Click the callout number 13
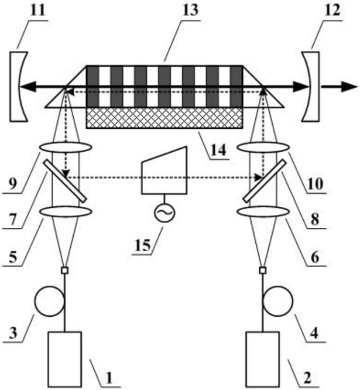(x=191, y=10)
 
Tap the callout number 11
(x=37, y=10)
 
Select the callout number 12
(x=332, y=10)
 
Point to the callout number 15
(x=142, y=245)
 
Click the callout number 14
(x=218, y=150)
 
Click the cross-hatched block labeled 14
(x=164, y=118)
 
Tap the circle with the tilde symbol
(x=164, y=213)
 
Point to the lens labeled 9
(x=66, y=147)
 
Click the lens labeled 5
(x=66, y=211)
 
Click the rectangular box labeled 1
(x=65, y=359)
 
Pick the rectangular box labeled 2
(x=263, y=359)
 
